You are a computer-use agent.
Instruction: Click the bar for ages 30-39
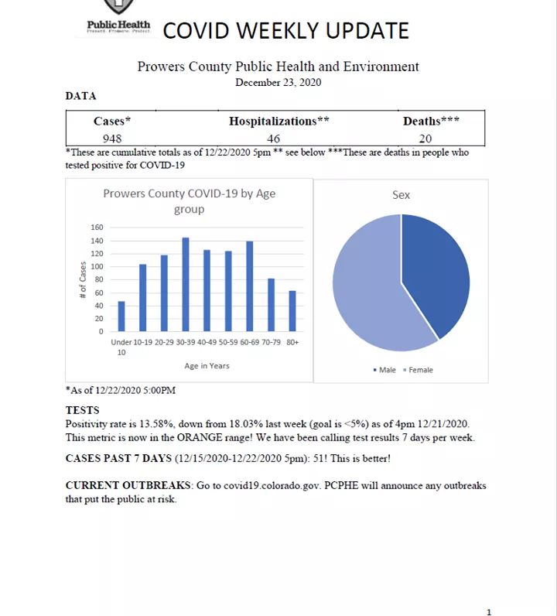click(x=186, y=285)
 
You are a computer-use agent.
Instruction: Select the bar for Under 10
click(x=121, y=317)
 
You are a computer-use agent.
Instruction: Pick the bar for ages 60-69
click(x=250, y=286)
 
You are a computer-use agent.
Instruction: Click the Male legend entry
click(x=384, y=370)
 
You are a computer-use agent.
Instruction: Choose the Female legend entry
click(x=418, y=370)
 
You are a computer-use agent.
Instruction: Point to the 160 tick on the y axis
click(x=97, y=228)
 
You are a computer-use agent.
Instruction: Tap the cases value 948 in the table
click(x=112, y=139)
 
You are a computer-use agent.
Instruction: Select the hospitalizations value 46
click(x=274, y=139)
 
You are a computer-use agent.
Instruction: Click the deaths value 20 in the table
click(x=425, y=139)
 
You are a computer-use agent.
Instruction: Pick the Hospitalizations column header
click(x=279, y=121)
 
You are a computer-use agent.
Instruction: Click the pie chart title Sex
click(x=401, y=195)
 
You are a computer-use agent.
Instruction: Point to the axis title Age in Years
click(x=207, y=366)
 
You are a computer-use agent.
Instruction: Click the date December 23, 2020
click(x=278, y=83)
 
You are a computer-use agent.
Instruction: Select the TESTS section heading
click(x=82, y=410)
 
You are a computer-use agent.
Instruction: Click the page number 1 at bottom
click(x=489, y=612)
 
